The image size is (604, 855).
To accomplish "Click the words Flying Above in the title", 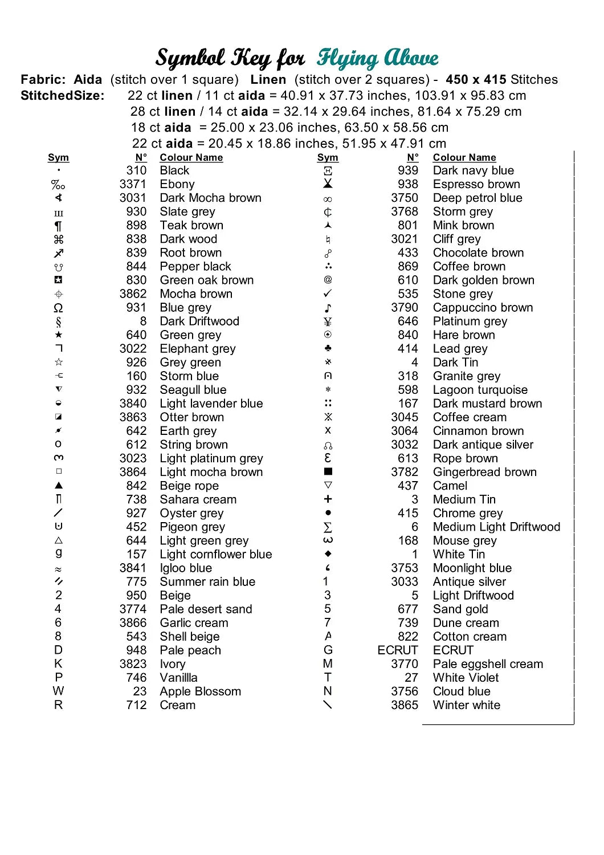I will pyautogui.click(x=377, y=58).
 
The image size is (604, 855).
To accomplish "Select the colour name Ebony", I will pyautogui.click(x=177, y=184).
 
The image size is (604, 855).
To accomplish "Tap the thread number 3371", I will pyautogui.click(x=133, y=184).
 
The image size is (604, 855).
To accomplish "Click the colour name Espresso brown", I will pyautogui.click(x=476, y=184).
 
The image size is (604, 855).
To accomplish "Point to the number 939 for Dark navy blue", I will pyautogui.click(x=408, y=170).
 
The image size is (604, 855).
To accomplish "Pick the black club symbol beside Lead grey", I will pyautogui.click(x=328, y=348).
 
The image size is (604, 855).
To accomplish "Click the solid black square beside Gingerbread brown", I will pyautogui.click(x=328, y=471).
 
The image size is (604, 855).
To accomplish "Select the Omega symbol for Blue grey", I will pyautogui.click(x=58, y=308).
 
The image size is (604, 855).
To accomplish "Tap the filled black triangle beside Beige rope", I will pyautogui.click(x=59, y=486).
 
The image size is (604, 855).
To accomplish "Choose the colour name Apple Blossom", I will pyautogui.click(x=200, y=691).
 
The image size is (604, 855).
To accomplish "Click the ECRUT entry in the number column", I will pyautogui.click(x=398, y=650).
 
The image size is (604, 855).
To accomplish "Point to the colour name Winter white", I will pyautogui.click(x=466, y=705).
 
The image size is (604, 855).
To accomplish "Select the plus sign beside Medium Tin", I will pyautogui.click(x=328, y=499).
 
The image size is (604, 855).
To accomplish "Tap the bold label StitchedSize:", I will pyautogui.click(x=63, y=96).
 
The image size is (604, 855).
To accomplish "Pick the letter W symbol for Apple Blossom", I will pyautogui.click(x=58, y=691).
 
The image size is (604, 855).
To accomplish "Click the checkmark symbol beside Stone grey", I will pyautogui.click(x=328, y=294).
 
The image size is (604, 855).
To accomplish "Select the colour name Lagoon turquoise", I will pyautogui.click(x=480, y=390).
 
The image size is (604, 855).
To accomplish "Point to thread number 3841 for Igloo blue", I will pyautogui.click(x=133, y=568).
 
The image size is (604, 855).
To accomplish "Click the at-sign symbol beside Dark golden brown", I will pyautogui.click(x=328, y=279).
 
